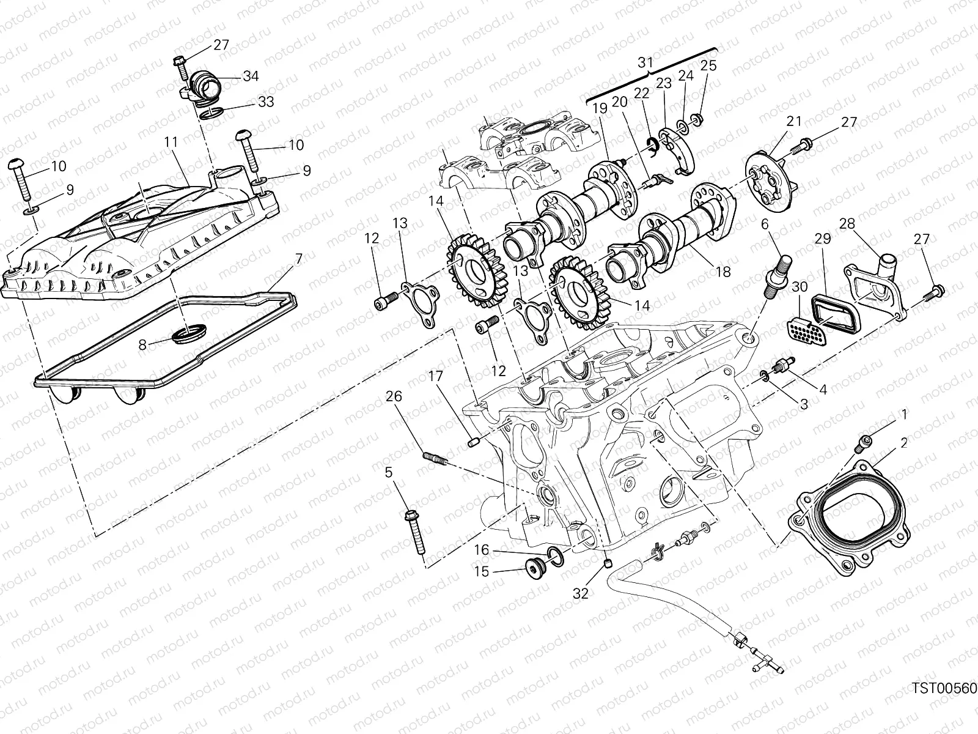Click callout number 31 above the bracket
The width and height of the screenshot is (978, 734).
point(645,63)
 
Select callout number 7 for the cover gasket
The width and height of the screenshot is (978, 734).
point(298,259)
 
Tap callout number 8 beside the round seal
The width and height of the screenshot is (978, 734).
point(142,345)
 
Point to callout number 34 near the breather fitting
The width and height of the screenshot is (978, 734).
point(250,76)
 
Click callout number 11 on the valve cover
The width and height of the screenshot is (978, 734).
point(171,143)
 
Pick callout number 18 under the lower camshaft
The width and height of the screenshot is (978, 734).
point(723,272)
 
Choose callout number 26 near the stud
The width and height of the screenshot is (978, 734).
point(394,397)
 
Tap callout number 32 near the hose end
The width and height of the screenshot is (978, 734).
point(581,593)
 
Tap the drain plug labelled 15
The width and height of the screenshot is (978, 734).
point(535,568)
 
